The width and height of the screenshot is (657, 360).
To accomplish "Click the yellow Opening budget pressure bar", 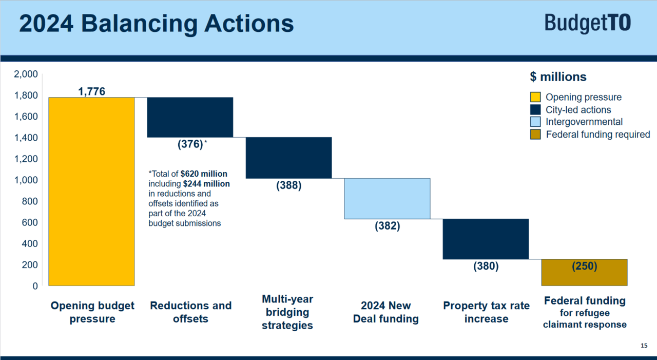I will (x=91, y=191).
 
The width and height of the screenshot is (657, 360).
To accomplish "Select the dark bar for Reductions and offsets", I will (x=190, y=117).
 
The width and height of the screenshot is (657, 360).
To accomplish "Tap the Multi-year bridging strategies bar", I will (x=288, y=158).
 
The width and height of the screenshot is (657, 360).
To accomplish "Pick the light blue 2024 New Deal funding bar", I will (x=387, y=198).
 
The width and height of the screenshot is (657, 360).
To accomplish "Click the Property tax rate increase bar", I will (x=486, y=239).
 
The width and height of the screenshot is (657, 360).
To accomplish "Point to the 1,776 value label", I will (x=91, y=91).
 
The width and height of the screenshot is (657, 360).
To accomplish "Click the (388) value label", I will (x=288, y=185).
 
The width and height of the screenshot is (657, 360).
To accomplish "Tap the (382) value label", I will (x=387, y=225).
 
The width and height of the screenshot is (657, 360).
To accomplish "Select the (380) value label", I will (x=486, y=266).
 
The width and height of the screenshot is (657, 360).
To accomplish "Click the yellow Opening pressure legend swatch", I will (x=535, y=97).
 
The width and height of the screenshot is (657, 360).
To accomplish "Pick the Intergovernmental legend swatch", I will (x=535, y=122).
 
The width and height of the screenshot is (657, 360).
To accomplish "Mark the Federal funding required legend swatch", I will (x=535, y=135).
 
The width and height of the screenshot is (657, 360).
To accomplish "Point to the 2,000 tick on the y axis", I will (x=26, y=74).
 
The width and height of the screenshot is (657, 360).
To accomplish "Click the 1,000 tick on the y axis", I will (x=26, y=180).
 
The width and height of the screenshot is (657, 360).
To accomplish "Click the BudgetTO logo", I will (x=587, y=24).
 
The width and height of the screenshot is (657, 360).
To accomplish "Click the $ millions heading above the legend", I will (x=558, y=77).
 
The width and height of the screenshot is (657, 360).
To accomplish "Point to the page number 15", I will (x=644, y=346).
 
